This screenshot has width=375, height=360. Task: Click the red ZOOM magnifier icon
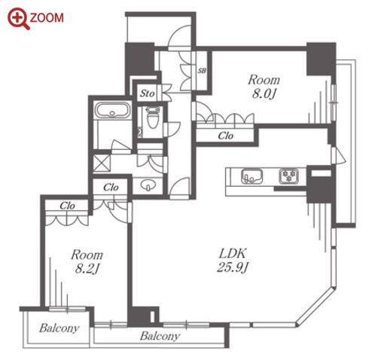tap(18, 18)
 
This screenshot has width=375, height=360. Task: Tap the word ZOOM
tap(47, 18)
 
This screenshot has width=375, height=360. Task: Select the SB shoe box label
tap(202, 71)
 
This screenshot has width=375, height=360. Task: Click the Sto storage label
tap(148, 93)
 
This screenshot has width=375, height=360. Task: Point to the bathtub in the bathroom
tap(112, 110)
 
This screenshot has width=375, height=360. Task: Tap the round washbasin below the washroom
tap(148, 185)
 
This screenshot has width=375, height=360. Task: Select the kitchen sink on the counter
tap(252, 176)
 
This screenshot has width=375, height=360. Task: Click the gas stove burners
tap(288, 175)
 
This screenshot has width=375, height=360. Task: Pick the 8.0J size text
tap(264, 94)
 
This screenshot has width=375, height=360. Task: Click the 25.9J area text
tap(233, 267)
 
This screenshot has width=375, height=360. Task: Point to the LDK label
tap(233, 254)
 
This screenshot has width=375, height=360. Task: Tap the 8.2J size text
tap(87, 269)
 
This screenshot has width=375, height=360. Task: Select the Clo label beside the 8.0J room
tap(226, 136)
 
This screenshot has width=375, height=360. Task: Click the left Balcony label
tap(59, 328)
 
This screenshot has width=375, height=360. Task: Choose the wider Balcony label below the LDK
tap(160, 336)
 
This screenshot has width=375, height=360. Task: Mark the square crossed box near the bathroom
tap(102, 163)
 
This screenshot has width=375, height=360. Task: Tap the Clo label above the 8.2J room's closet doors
tap(67, 206)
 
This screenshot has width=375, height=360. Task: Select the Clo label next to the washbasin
tap(111, 188)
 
